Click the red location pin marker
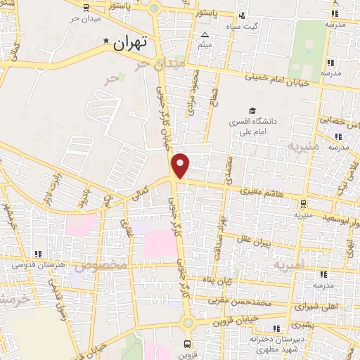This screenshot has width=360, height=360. coord(181,165)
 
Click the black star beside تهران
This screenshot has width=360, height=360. coord(106,41)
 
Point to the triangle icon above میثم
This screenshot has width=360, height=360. coord(205,34)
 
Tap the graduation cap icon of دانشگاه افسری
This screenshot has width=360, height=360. coord(252,110)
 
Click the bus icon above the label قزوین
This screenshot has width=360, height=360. coord(186,344)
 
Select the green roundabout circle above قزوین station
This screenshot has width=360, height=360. coord(187,322)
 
